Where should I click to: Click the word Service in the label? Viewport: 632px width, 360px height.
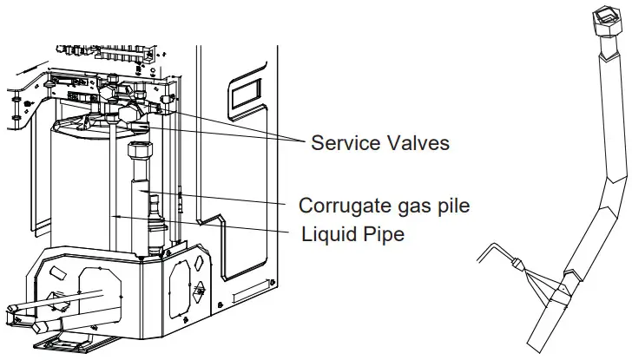tap(344, 142)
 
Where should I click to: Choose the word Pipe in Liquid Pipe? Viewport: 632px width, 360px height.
tap(383, 234)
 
